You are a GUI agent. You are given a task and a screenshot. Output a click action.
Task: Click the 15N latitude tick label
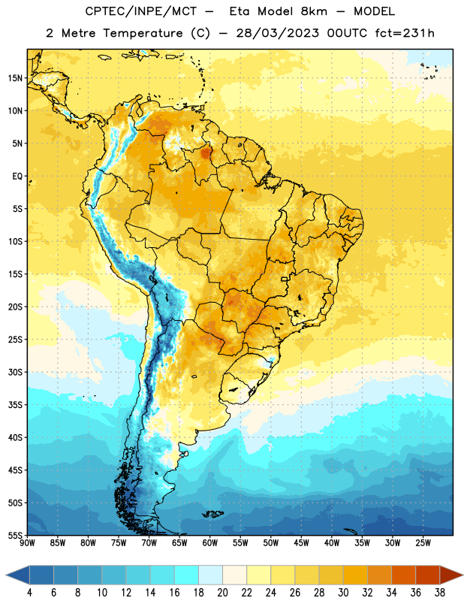(15, 78)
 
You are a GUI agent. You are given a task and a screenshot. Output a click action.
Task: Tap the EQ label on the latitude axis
(17, 177)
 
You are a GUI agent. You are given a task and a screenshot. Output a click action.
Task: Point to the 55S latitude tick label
(15, 535)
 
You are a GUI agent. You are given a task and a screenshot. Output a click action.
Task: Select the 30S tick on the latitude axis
(15, 372)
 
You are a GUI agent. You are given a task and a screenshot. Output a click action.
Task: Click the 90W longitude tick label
(27, 543)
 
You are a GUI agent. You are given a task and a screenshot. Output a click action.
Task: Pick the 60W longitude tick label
(210, 543)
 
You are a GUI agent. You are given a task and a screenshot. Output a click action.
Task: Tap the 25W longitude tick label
(423, 543)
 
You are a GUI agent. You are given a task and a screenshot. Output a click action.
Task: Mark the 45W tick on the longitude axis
(301, 543)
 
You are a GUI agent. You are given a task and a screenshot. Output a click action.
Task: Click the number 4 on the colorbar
(29, 593)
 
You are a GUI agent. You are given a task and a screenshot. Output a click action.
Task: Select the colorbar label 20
(222, 593)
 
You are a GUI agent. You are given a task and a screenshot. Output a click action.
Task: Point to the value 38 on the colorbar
(440, 593)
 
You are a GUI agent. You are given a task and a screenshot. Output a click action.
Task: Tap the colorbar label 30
(343, 593)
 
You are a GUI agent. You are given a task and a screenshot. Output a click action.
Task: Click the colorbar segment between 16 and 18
(187, 575)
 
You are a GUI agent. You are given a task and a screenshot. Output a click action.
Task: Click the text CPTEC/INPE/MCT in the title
(140, 12)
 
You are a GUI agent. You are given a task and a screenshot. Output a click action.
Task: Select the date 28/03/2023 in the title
(277, 33)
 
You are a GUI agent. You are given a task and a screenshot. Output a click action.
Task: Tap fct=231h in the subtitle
(405, 33)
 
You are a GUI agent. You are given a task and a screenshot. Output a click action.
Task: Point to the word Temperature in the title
(143, 34)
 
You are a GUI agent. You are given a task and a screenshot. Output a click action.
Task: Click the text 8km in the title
(314, 11)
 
